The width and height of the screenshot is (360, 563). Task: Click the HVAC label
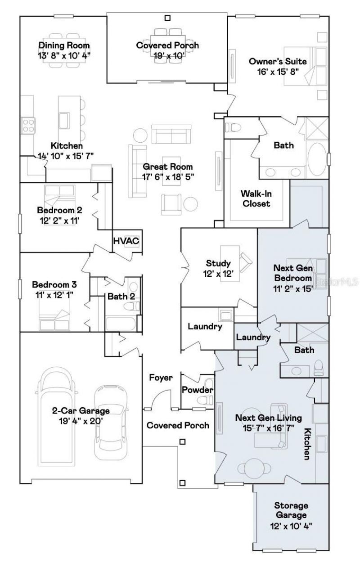126,241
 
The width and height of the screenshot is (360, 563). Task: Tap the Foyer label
161,377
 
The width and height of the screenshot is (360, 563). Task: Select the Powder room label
198,390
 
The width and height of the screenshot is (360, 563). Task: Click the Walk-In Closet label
256,198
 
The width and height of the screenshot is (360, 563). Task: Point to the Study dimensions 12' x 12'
218,274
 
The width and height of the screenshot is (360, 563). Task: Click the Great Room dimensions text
168,177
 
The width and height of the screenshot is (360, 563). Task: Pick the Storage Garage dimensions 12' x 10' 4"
291,526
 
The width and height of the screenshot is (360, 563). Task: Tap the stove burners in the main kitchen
28,126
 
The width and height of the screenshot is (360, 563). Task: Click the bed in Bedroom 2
59,204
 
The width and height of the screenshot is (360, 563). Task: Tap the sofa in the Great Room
171,134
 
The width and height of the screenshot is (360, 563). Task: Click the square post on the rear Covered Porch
167,18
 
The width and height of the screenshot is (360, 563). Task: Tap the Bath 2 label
121,296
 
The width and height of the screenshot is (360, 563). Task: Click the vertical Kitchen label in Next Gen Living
307,444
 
